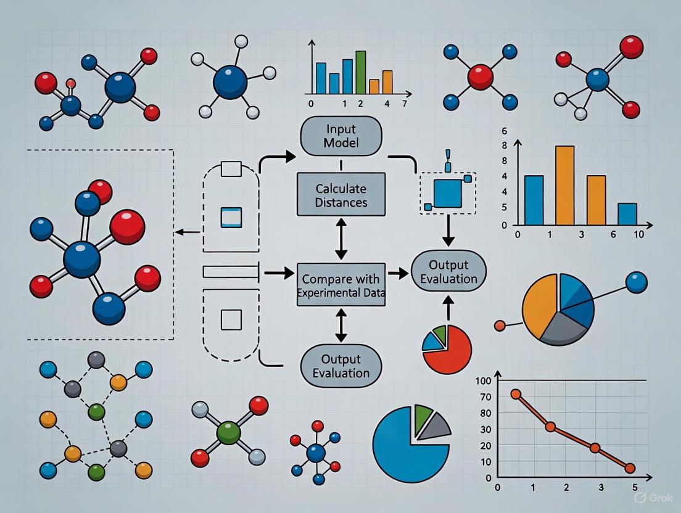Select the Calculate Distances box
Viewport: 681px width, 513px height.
pos(340,194)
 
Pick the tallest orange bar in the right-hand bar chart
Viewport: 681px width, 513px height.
pos(564,185)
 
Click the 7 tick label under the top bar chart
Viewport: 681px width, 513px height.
pos(404,104)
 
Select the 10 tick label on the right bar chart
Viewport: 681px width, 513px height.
pos(638,235)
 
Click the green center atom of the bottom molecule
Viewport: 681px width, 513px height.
pos(228,431)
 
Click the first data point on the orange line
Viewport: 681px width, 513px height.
pos(516,394)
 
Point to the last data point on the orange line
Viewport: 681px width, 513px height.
pos(629,469)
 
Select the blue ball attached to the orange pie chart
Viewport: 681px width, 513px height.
pos(636,282)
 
